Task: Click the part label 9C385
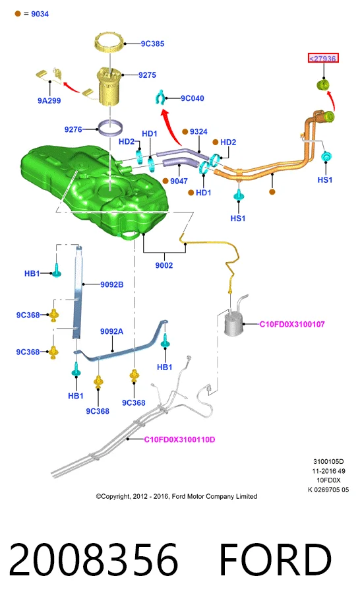[x=152, y=44]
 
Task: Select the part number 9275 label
[x=147, y=75]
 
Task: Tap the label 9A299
[x=49, y=100]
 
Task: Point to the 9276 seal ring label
[x=73, y=129]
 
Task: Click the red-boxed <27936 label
[x=324, y=58]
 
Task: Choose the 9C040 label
[x=193, y=98]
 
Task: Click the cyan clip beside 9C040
[x=160, y=97]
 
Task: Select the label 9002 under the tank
[x=164, y=265]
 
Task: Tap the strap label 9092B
[x=111, y=284]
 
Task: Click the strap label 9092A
[x=111, y=331]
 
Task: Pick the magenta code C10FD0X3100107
[x=292, y=324]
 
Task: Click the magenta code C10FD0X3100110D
[x=179, y=439]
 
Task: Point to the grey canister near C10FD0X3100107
[x=233, y=320]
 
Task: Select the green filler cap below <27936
[x=322, y=84]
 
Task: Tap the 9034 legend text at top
[x=40, y=14]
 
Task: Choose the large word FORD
[x=276, y=560]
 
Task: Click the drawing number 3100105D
[x=328, y=461]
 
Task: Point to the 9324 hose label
[x=198, y=132]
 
